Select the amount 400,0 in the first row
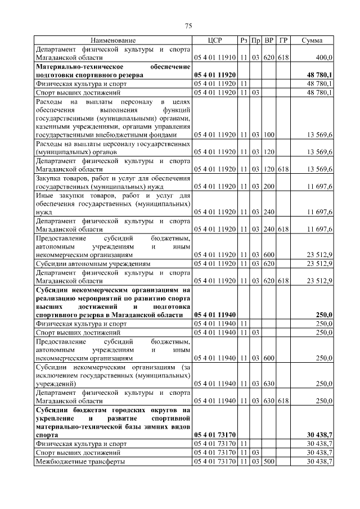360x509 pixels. pos(323,57)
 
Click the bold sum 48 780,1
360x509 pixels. pos(319,75)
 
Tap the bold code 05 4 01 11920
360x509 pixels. pos(215,75)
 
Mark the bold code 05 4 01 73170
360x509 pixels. pos(215,435)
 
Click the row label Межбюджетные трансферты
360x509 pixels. pos(80,461)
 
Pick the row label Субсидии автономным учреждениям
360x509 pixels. pos(93,263)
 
